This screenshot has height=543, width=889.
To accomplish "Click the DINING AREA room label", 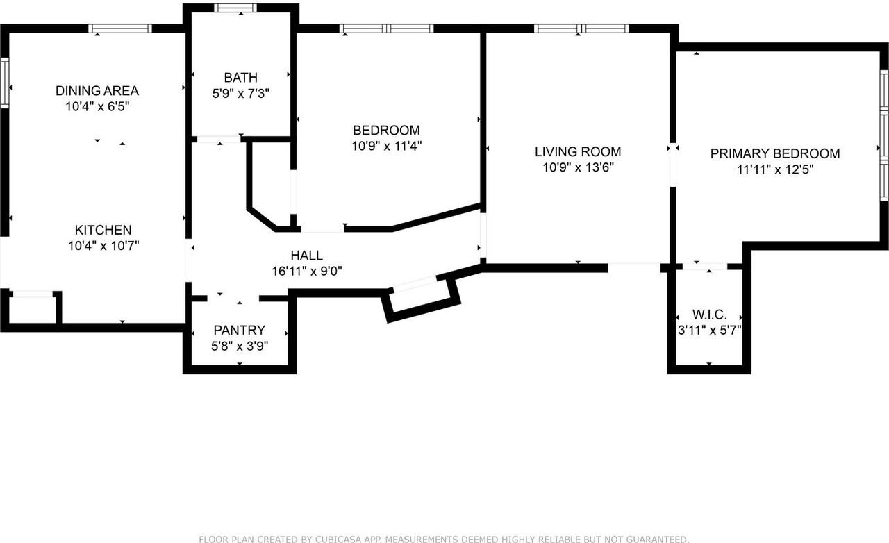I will click(97, 91).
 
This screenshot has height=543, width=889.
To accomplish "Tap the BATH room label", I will click(240, 77).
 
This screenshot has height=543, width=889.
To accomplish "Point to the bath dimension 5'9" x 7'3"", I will click(240, 92).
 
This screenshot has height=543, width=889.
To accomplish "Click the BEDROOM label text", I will click(386, 131).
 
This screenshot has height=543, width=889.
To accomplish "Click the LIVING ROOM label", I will click(578, 151).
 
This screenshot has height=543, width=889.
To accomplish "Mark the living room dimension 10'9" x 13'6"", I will click(578, 167).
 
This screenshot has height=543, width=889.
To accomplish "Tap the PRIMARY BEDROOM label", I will click(775, 153).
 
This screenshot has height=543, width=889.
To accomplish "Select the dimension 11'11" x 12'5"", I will click(775, 169).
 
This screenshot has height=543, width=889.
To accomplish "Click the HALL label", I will click(306, 256).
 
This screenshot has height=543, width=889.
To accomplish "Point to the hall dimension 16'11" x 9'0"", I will click(306, 271).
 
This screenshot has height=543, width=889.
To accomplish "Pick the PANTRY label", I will click(239, 331).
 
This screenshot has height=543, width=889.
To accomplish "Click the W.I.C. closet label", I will click(709, 315).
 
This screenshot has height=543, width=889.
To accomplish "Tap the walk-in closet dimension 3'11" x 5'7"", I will click(710, 331).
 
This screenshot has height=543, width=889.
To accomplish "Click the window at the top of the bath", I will click(235, 8).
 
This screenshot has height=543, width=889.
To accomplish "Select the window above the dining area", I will click(120, 28).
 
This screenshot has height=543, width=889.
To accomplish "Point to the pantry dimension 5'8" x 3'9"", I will click(240, 345).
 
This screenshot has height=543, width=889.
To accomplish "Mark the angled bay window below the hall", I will click(415, 284).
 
